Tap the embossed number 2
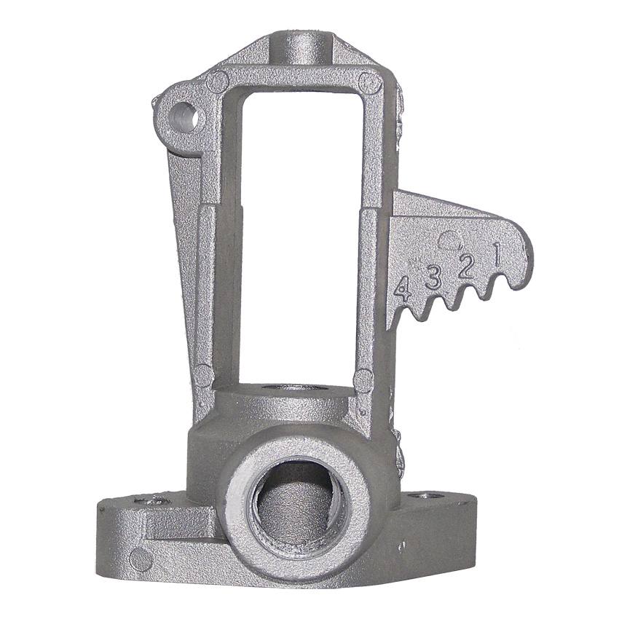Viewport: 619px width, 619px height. click(467, 267)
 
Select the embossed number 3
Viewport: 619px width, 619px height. click(433, 277)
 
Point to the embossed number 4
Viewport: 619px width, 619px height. click(403, 289)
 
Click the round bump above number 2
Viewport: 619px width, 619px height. click(451, 240)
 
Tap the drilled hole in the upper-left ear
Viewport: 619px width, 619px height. click(184, 117)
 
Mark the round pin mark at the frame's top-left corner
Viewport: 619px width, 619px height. click(218, 82)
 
